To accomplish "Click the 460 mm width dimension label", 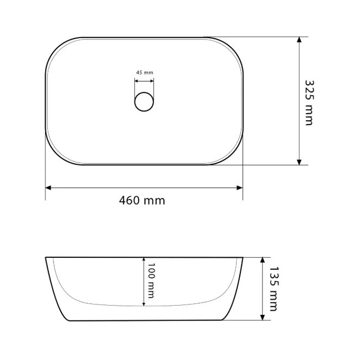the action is [142, 201].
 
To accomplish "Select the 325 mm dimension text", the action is [309, 103].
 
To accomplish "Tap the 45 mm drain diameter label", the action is [145, 72].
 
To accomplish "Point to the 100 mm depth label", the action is [151, 281].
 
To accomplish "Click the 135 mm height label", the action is [273, 289].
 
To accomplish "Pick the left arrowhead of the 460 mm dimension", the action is [48, 188].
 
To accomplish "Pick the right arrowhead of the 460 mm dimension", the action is [240, 188].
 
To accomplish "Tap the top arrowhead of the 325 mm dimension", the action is [299, 40].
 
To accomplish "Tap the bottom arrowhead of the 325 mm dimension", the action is [299, 162].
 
